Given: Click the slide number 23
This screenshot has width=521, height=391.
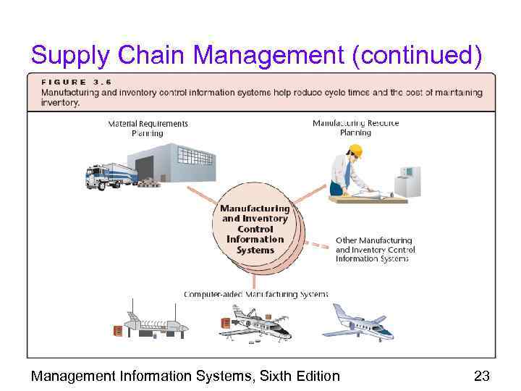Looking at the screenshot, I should [481, 376].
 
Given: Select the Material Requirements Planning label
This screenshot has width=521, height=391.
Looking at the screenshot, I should [148, 128].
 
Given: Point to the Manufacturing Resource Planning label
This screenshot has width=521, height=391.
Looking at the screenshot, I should [355, 127].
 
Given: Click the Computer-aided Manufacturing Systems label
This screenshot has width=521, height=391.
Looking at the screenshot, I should [256, 295].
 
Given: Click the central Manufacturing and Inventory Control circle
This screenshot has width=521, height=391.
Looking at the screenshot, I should [255, 230].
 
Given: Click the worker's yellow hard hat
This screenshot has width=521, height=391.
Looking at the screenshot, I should [355, 151].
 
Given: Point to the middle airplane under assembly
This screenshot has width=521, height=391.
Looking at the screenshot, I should [256, 324].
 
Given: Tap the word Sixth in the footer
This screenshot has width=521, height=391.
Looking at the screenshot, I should [268, 376].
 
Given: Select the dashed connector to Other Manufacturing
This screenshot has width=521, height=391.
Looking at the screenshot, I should [319, 244].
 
